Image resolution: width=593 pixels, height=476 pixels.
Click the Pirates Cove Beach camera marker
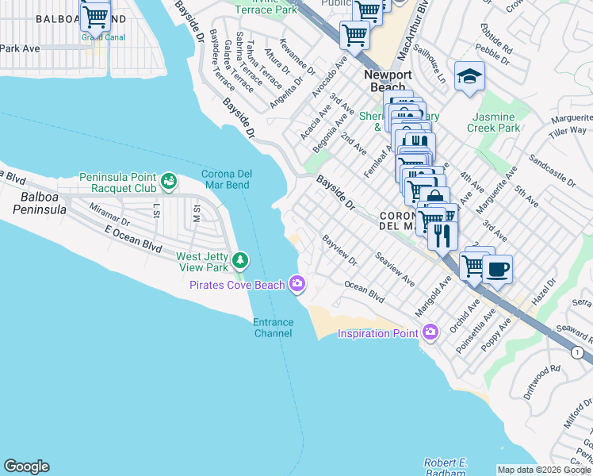297,283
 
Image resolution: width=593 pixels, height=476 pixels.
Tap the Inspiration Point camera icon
430,332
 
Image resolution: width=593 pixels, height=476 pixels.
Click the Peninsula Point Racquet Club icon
168,182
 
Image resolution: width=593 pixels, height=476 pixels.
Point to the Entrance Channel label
274,328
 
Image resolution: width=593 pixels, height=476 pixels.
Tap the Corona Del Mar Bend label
226,179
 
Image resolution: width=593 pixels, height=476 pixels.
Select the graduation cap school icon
469,77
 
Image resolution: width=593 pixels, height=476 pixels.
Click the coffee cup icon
497,268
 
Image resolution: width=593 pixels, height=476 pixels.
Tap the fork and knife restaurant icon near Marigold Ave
442,234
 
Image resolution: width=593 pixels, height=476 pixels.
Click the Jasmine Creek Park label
493,122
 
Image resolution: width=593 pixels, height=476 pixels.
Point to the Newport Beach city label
388,80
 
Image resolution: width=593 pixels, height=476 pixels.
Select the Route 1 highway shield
577,351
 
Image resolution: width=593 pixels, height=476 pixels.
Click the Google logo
26,466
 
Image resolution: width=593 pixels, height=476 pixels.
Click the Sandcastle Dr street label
555,171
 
